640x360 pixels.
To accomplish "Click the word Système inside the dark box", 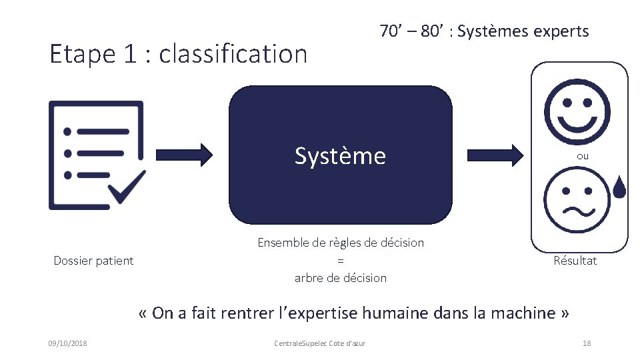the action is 340,156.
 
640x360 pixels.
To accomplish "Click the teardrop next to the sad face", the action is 619,188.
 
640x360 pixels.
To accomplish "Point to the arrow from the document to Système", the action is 184,155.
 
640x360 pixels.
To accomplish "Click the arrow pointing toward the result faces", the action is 494,155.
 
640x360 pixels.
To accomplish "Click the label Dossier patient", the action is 93,261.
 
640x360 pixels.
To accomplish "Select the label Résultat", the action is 575,261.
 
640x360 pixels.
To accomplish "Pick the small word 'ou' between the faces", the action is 583,156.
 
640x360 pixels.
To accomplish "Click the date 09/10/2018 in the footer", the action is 67,343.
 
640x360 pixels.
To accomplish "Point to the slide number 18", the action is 587,343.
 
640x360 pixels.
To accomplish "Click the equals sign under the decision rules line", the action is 340,261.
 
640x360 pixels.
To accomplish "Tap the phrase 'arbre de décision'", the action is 340,278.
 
